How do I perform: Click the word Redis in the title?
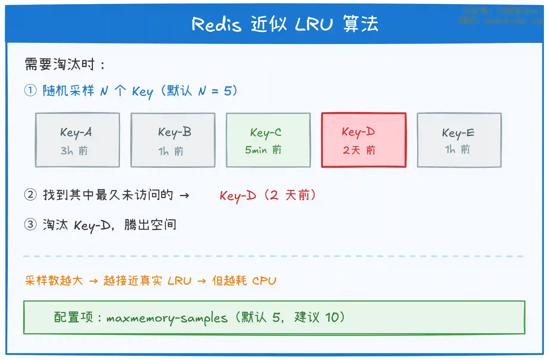pos(216,24)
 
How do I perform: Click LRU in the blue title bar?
pos(314,24)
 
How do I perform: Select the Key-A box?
pos(78,140)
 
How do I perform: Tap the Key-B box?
pos(173,140)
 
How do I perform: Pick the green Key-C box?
pos(268,140)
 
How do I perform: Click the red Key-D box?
pos(364,140)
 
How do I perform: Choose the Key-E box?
pos(459,140)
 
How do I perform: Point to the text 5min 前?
pos(263,150)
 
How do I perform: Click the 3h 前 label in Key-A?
pos(74,151)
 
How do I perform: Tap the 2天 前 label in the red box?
pos(359,150)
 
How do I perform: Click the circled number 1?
pos(30,90)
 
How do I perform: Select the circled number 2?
pos(30,195)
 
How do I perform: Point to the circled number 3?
pos(30,224)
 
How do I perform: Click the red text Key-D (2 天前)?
pos(267,195)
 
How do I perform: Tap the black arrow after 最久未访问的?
pos(185,195)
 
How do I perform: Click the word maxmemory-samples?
pos(167,318)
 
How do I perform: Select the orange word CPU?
pos(264,281)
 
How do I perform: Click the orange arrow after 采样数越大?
pos(93,281)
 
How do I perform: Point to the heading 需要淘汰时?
pos(64,64)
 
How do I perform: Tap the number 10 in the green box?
pos(332,317)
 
